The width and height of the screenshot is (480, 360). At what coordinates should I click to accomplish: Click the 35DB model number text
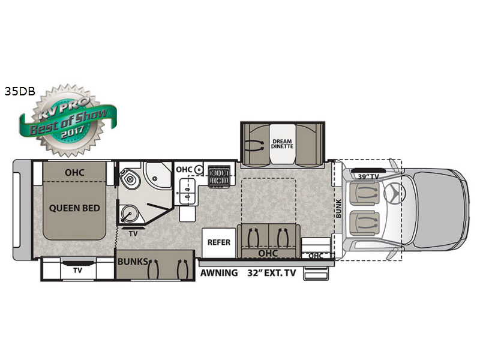click(x=20, y=91)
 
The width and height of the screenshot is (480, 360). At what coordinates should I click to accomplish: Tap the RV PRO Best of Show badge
click(x=68, y=121)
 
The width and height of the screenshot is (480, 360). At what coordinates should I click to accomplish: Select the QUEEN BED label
click(x=74, y=208)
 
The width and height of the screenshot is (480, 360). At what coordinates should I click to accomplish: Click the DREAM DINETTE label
click(x=282, y=143)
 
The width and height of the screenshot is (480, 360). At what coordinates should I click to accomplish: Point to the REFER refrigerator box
click(x=219, y=242)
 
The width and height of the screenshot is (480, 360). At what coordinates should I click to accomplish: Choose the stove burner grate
click(x=219, y=176)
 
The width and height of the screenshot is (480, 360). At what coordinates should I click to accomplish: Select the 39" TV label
click(x=368, y=176)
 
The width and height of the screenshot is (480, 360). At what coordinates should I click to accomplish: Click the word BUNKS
click(x=132, y=262)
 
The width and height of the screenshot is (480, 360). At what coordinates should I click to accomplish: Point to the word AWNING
click(x=219, y=273)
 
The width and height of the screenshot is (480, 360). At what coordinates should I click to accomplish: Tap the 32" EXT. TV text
click(x=272, y=273)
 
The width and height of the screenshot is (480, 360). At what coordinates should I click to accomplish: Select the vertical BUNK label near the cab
click(x=338, y=209)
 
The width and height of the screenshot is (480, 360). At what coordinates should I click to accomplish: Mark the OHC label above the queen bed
click(x=74, y=172)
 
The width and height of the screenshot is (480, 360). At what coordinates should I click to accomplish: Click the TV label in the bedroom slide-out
click(x=77, y=271)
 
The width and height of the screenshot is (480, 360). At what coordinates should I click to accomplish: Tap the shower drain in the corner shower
click(x=155, y=178)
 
